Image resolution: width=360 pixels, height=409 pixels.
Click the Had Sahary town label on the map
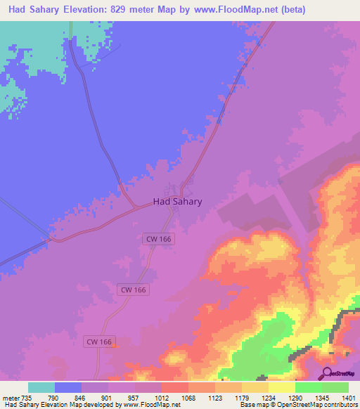177,201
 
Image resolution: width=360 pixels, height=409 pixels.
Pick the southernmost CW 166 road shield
98,342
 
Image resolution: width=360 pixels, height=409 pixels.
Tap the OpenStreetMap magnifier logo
326,373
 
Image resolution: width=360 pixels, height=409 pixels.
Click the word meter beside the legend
11,398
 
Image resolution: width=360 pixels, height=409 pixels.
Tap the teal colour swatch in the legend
41,387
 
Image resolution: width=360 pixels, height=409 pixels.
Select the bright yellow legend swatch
282,387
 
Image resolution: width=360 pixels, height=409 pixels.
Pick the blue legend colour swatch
68,387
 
